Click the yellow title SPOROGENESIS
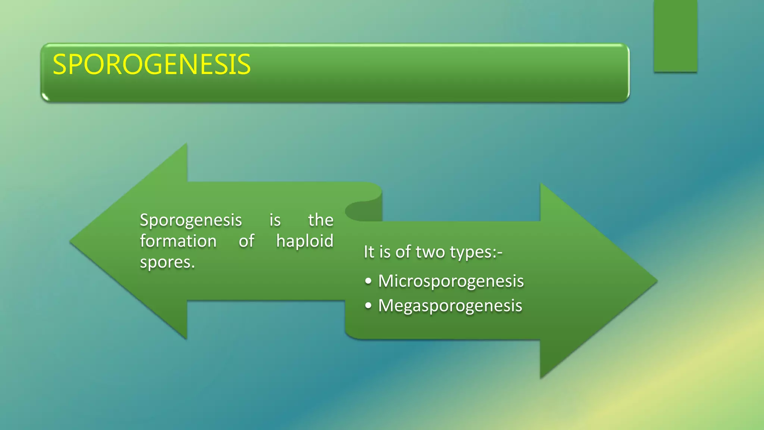[x=151, y=65]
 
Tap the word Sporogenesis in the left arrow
[x=191, y=220]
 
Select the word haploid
[x=304, y=241]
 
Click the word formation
[x=178, y=241]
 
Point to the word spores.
[x=167, y=262]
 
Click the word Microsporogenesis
[x=451, y=281]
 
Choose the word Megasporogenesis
[x=450, y=306]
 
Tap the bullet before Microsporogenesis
[x=368, y=281]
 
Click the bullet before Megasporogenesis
[x=368, y=306]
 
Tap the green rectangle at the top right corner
[x=675, y=36]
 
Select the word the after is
[x=320, y=220]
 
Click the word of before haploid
[x=246, y=241]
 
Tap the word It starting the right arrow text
[x=369, y=252]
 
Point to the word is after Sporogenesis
[x=275, y=220]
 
